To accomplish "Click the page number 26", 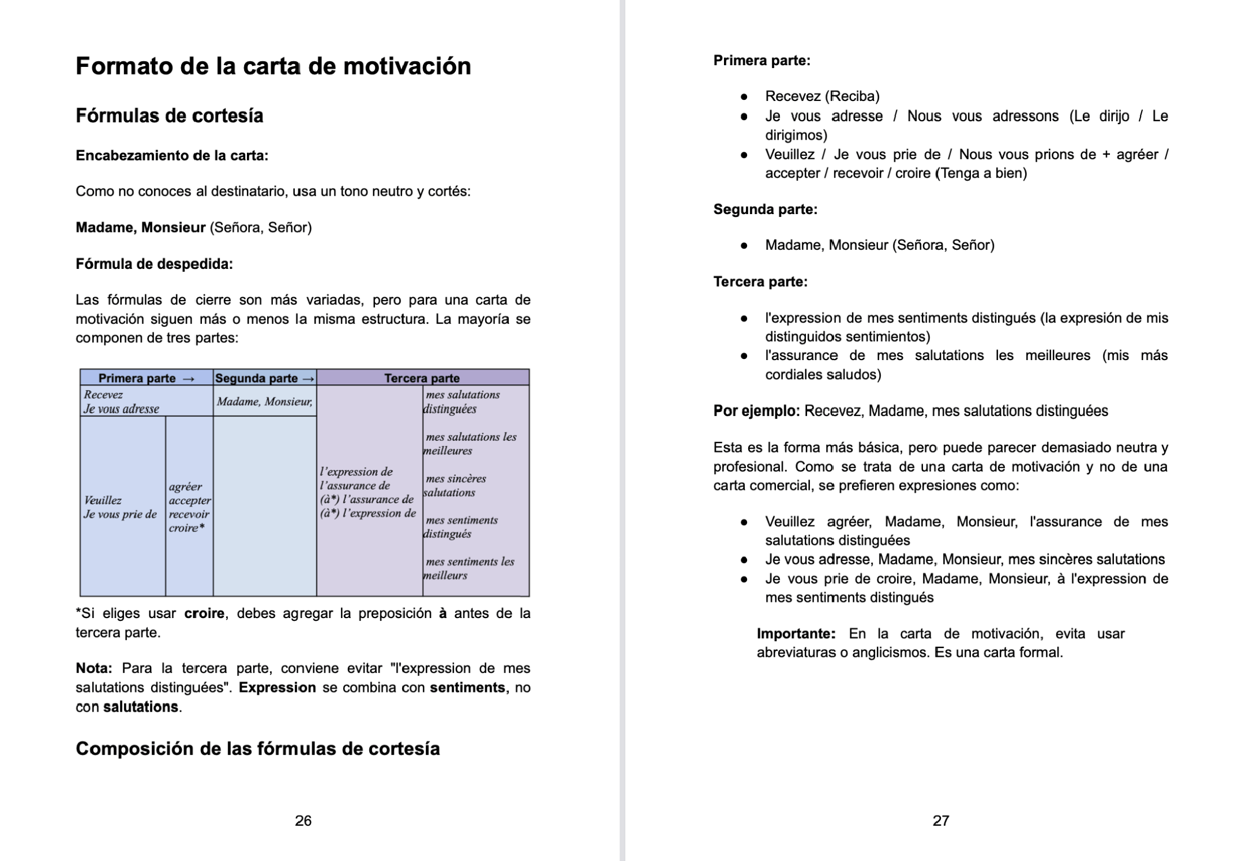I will pyautogui.click(x=303, y=821).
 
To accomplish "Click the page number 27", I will pyautogui.click(x=941, y=821).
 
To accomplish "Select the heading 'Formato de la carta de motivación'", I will pyautogui.click(x=273, y=66).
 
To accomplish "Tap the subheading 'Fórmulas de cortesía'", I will pyautogui.click(x=169, y=116).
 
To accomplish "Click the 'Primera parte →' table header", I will pyautogui.click(x=147, y=378).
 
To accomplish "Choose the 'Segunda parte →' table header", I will pyautogui.click(x=265, y=378).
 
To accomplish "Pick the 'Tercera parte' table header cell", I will pyautogui.click(x=422, y=378).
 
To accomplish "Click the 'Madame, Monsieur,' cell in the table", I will pyautogui.click(x=265, y=402).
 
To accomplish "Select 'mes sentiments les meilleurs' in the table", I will pyautogui.click(x=468, y=568).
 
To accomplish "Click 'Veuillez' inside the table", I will pyautogui.click(x=103, y=500).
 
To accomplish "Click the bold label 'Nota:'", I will pyautogui.click(x=94, y=668).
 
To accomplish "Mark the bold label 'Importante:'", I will pyautogui.click(x=796, y=634).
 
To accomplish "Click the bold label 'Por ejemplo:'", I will pyautogui.click(x=756, y=411).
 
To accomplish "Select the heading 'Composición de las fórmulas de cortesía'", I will pyautogui.click(x=257, y=748).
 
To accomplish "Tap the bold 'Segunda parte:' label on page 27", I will pyautogui.click(x=765, y=209).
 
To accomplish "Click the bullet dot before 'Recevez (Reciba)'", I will pyautogui.click(x=744, y=96).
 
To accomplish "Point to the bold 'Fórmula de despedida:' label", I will pyautogui.click(x=154, y=264).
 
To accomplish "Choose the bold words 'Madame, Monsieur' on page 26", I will pyautogui.click(x=140, y=227).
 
